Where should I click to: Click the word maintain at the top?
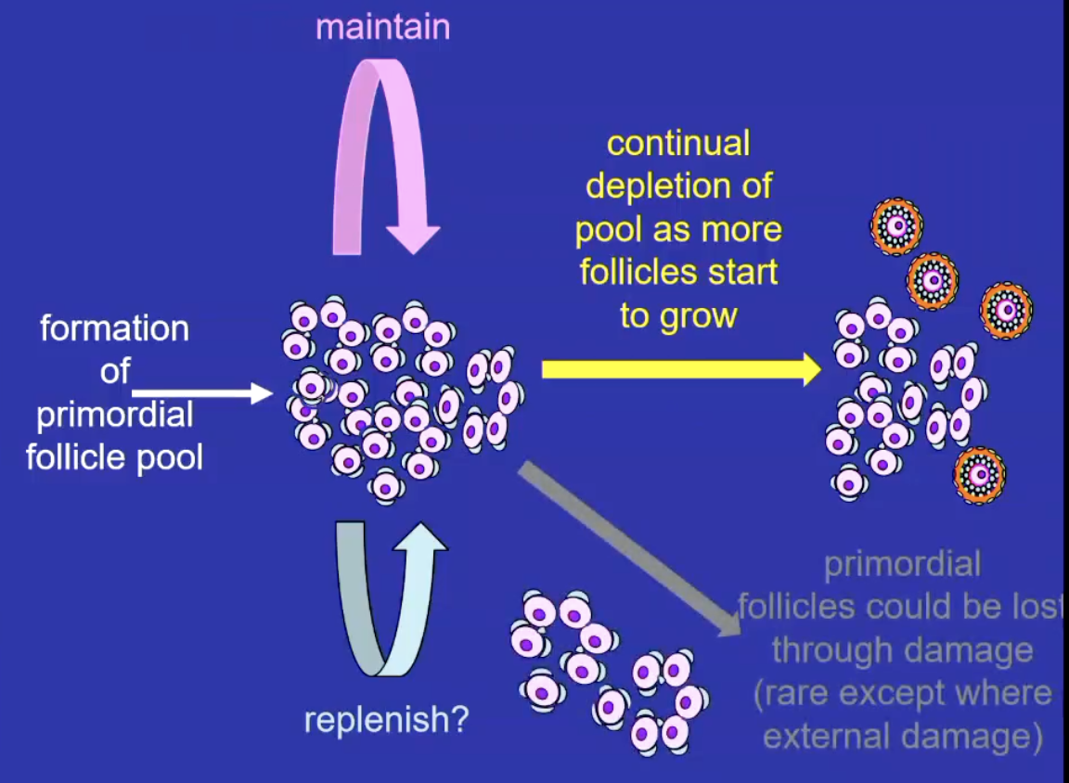click(382, 27)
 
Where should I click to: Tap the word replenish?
click(386, 719)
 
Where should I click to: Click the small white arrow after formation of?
click(200, 393)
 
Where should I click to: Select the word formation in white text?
click(114, 328)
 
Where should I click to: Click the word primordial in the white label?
click(114, 415)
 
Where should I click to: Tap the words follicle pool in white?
click(114, 457)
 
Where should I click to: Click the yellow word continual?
click(678, 144)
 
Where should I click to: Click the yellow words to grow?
click(678, 315)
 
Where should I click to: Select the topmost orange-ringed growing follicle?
click(895, 225)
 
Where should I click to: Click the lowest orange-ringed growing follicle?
click(980, 474)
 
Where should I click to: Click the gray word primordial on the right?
click(902, 564)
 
